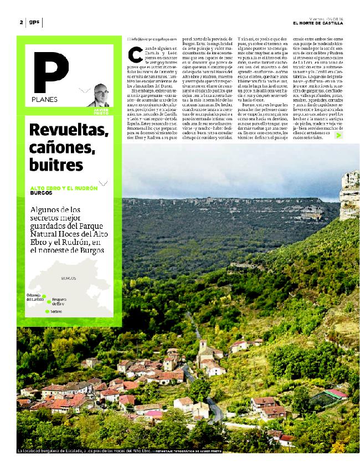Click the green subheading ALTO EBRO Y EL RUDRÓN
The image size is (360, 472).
(63, 188)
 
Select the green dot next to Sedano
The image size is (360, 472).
(47, 311)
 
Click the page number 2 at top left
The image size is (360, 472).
(20, 23)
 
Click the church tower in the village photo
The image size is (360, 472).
(203, 346)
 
